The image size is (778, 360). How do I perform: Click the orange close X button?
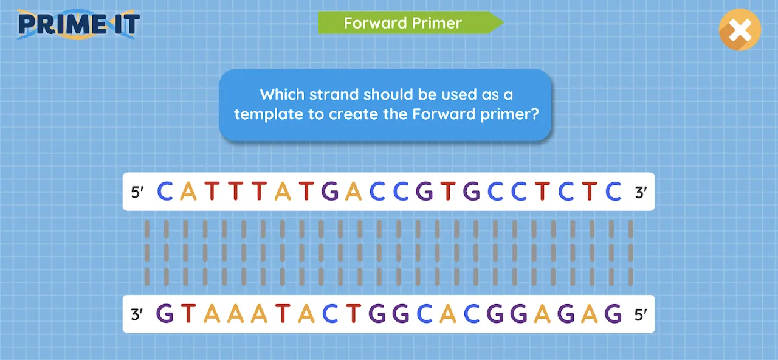point(740,30)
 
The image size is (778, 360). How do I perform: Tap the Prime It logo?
point(78,24)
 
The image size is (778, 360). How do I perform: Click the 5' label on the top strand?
point(137,192)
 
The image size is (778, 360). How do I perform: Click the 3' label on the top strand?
point(641,192)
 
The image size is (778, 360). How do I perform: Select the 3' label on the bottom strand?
point(137,314)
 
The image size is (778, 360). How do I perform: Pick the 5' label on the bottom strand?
point(641,315)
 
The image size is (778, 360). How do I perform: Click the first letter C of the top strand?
point(165,192)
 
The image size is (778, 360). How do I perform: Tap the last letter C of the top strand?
point(613,192)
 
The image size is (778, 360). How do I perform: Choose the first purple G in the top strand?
point(330,192)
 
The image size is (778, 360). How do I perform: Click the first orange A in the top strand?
point(188,192)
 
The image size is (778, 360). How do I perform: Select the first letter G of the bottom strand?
point(165,314)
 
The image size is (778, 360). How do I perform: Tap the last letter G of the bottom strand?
point(613,314)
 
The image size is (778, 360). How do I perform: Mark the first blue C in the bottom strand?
point(330,314)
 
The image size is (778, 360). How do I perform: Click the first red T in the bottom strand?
point(188,314)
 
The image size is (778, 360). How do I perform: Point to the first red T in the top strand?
point(212,192)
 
